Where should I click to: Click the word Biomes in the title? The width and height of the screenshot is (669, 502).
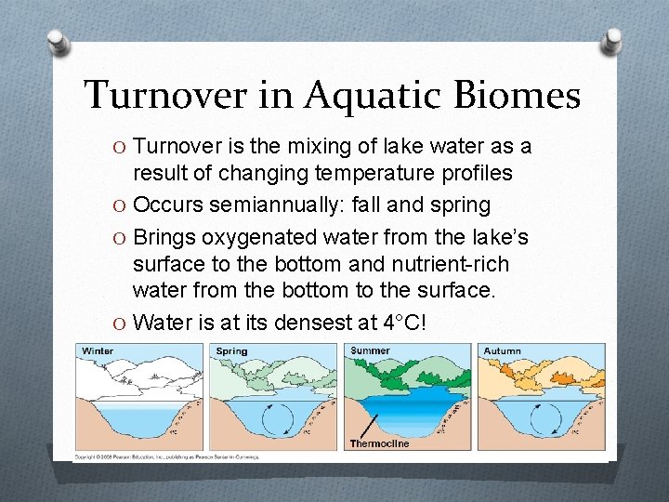(506, 95)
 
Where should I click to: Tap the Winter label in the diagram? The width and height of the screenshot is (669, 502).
(98, 350)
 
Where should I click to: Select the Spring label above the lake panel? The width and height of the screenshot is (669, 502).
(231, 350)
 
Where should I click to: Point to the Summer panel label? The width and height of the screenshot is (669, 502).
(371, 350)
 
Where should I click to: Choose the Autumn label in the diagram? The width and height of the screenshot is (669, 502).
(503, 350)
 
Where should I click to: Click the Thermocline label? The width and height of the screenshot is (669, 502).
(378, 443)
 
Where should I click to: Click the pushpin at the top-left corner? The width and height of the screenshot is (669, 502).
(59, 41)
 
